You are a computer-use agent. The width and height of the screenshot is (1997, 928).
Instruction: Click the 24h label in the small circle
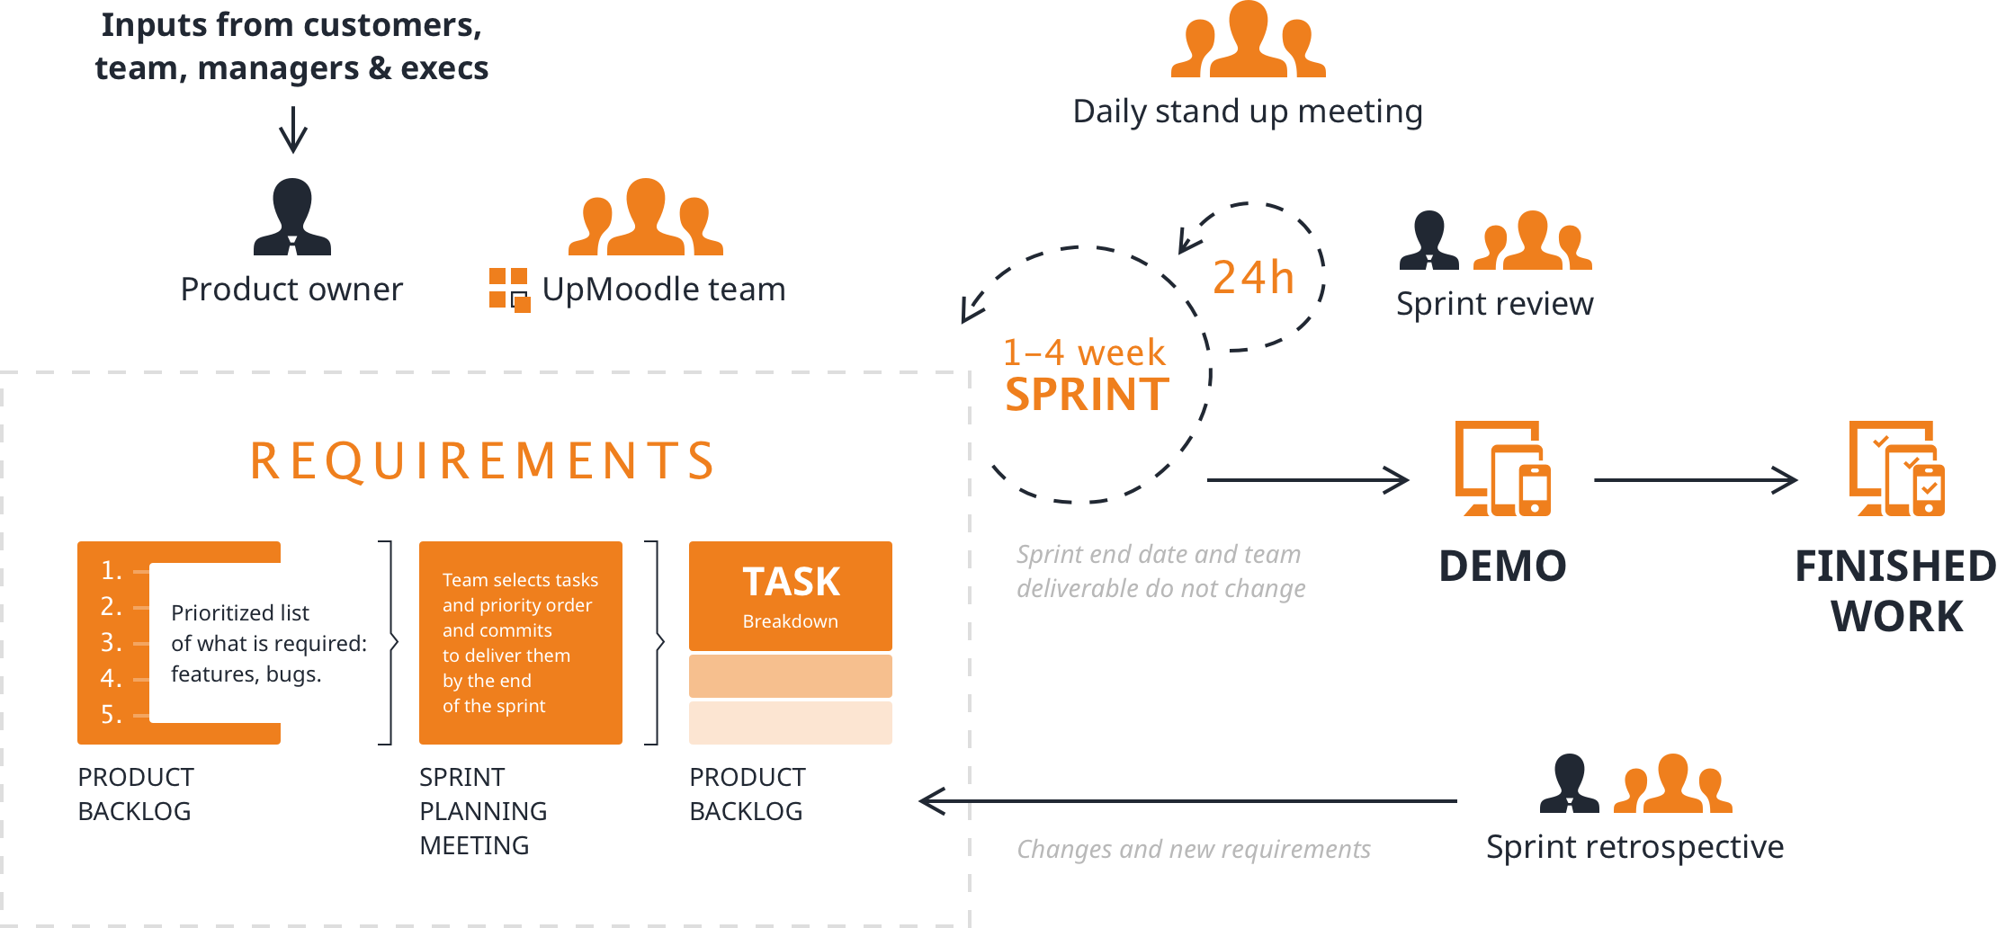(x=1253, y=278)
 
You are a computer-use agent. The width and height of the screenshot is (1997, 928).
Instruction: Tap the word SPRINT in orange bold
(x=1087, y=395)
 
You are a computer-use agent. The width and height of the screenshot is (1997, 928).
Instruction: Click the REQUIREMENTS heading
(x=482, y=460)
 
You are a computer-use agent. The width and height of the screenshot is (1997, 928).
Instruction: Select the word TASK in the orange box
(x=791, y=582)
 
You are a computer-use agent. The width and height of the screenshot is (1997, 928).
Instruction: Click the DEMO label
(x=1502, y=566)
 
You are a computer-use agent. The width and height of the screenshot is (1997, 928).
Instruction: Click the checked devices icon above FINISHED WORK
(x=1896, y=468)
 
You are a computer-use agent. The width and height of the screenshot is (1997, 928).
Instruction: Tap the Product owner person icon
(x=292, y=217)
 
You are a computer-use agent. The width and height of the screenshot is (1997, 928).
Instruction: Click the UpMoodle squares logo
(x=509, y=289)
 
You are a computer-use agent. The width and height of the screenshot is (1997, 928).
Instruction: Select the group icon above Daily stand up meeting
(x=1248, y=40)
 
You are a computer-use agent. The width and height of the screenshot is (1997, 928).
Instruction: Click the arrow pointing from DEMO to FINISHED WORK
(x=1696, y=480)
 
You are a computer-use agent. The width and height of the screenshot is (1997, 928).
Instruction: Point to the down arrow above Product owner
(x=292, y=130)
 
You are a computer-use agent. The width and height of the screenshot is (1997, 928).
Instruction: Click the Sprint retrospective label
(x=1634, y=847)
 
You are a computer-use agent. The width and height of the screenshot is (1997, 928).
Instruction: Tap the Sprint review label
(x=1494, y=304)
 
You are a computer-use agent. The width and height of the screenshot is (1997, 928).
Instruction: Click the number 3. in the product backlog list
(x=111, y=643)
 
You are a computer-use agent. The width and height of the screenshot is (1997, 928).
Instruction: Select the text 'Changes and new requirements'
(x=1193, y=849)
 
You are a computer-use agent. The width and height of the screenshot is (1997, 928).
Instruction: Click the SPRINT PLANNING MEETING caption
(x=483, y=811)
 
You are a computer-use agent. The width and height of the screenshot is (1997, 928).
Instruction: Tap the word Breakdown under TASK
(x=790, y=621)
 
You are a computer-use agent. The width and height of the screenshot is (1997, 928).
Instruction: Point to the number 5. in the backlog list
(x=111, y=715)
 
